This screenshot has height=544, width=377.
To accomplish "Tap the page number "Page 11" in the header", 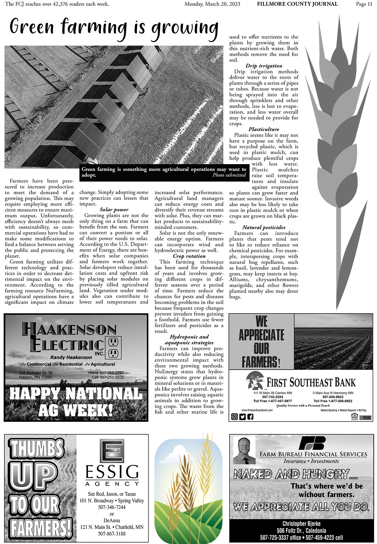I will pyautogui.click(x=364, y=4).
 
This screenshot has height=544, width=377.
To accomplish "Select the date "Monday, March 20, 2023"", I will pyautogui.click(x=212, y=4).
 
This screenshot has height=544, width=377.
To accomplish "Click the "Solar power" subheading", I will pyautogui.click(x=114, y=210).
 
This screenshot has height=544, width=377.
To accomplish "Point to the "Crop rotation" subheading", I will pyautogui.click(x=189, y=256).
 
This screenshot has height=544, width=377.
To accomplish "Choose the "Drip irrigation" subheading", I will pyautogui.click(x=264, y=66).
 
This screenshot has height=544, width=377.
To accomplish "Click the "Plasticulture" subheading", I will pyautogui.click(x=264, y=129).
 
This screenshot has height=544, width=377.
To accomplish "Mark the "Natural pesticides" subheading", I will pyautogui.click(x=264, y=228).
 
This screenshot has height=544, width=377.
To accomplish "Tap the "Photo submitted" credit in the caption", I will pyautogui.click(x=229, y=175).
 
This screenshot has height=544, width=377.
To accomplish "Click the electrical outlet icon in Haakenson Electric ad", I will pyautogui.click(x=114, y=348).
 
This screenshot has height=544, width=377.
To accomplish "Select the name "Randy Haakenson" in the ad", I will pyautogui.click(x=71, y=358).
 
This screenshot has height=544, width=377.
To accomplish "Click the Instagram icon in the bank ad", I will pyautogui.click(x=234, y=417).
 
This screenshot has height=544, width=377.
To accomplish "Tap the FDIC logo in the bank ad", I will pyautogui.click(x=366, y=418).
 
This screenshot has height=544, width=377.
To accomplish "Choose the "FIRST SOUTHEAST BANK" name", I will pyautogui.click(x=311, y=382).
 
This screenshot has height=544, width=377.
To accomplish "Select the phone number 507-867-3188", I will pyautogui.click(x=112, y=534).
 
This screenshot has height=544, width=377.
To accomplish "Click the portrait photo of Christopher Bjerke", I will pyautogui.click(x=244, y=450).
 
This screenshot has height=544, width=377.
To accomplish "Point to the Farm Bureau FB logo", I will pyautogui.click(x=312, y=443).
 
